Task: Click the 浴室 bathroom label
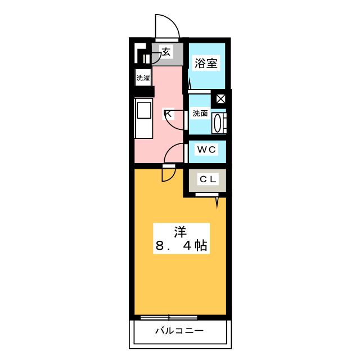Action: tap(206, 64)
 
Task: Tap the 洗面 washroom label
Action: tap(200, 113)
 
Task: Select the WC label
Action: tap(206, 150)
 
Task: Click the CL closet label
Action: tap(207, 179)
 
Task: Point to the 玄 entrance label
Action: tap(166, 52)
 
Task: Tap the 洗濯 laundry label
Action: tap(143, 78)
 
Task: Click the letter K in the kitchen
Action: tap(167, 115)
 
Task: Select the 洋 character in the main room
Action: tap(179, 231)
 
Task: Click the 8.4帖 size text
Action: tap(179, 246)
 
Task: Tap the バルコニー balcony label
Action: tap(179, 330)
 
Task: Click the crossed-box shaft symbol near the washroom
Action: tap(221, 98)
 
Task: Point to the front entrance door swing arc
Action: tap(167, 25)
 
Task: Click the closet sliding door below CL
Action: tap(207, 195)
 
